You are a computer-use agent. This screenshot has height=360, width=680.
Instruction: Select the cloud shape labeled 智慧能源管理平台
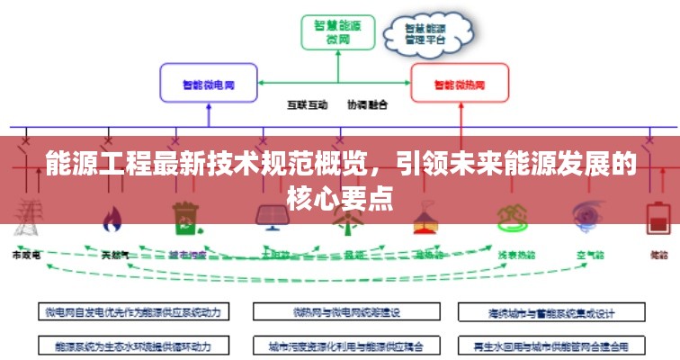pyautogui.click(x=426, y=34)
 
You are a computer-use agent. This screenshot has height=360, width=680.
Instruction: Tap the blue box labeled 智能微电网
pyautogui.click(x=209, y=84)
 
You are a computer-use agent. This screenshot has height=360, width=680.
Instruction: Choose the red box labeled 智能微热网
pyautogui.click(x=459, y=84)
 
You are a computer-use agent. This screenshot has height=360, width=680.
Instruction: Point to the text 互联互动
pyautogui.click(x=308, y=104)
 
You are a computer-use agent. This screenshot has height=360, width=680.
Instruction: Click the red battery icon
pyautogui.click(x=659, y=219)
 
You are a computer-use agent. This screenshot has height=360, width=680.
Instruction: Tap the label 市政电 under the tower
pyautogui.click(x=27, y=256)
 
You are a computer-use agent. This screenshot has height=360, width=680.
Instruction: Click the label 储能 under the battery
pyautogui.click(x=659, y=256)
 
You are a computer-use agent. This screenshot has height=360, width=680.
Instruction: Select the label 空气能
pyautogui.click(x=589, y=256)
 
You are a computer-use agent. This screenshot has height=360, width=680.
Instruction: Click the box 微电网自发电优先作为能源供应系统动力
pyautogui.click(x=132, y=312)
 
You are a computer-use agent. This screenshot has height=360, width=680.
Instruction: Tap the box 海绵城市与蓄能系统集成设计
pyautogui.click(x=550, y=312)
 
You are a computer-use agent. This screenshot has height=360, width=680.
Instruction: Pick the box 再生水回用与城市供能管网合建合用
pyautogui.click(x=550, y=344)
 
